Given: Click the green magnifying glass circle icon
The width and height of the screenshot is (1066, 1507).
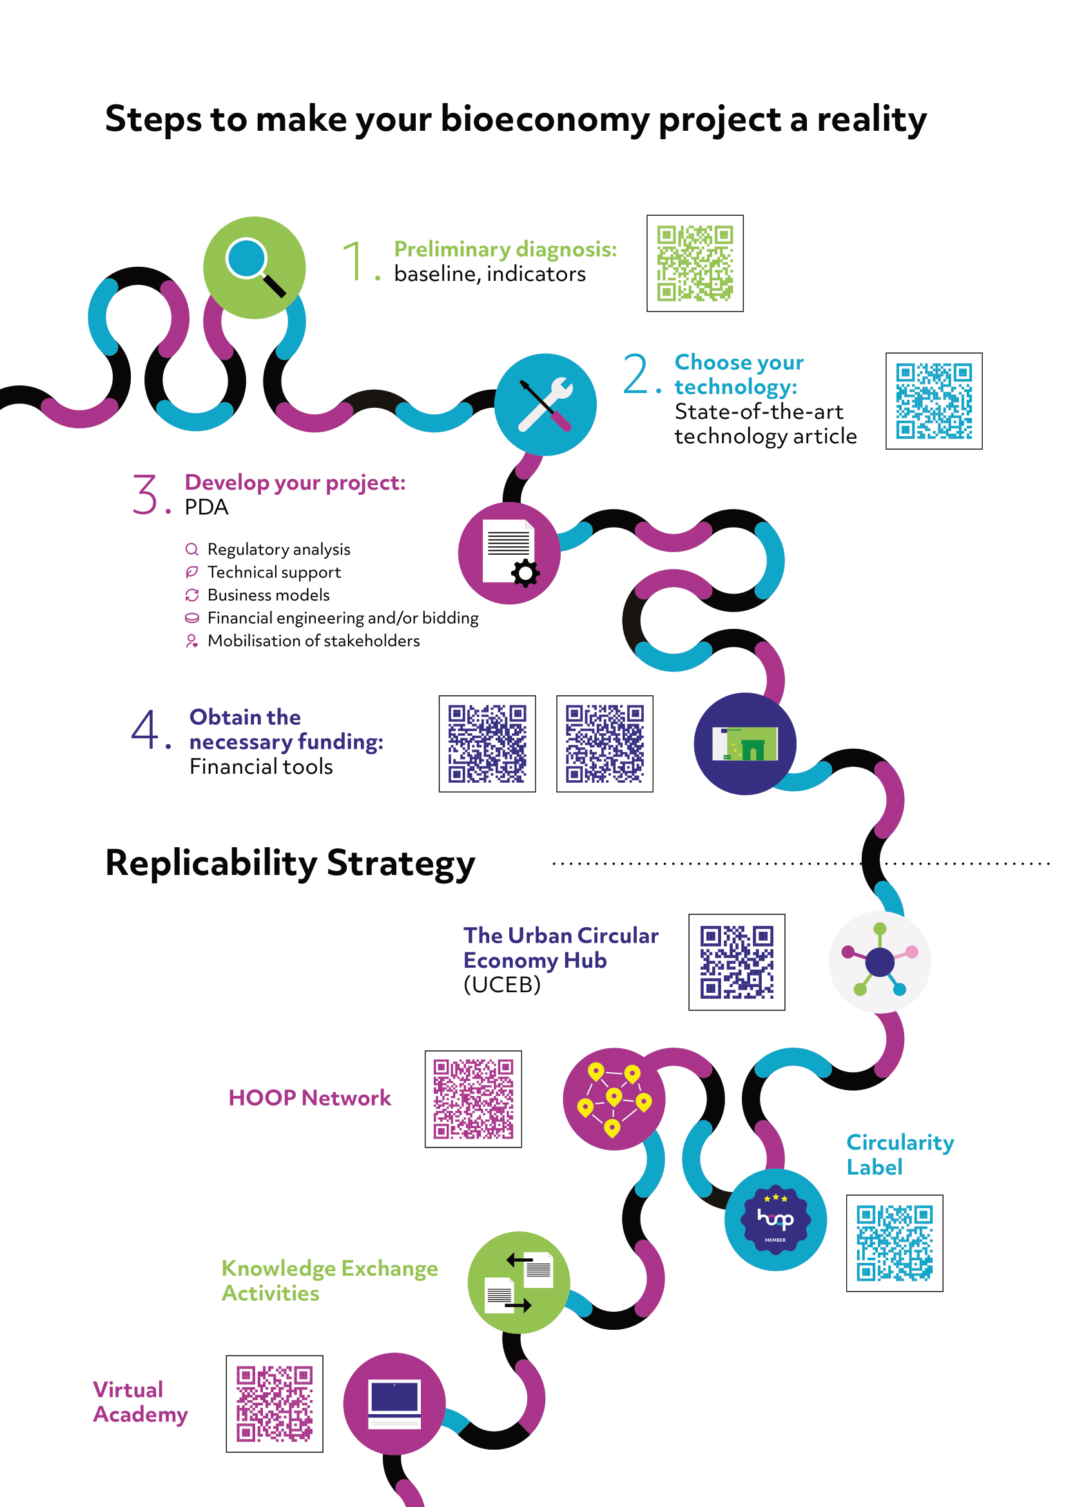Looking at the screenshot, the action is (254, 268).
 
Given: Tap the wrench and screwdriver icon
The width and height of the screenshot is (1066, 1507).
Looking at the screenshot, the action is (545, 405).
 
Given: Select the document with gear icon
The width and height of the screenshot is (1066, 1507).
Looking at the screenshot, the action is (509, 553).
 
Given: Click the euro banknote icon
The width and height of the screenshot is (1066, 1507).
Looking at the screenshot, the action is (745, 744).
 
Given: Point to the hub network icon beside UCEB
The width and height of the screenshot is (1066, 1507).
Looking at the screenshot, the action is (880, 961).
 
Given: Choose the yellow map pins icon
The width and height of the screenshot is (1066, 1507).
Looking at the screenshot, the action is (614, 1099).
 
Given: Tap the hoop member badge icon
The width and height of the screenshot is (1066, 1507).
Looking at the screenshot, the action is (775, 1220).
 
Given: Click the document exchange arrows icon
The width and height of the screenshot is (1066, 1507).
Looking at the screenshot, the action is (519, 1282).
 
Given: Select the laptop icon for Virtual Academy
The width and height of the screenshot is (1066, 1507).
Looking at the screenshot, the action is (394, 1403).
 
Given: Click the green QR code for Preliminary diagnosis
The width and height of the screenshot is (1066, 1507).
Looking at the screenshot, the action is (695, 264).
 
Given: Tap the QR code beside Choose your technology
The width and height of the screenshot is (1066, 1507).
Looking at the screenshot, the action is (934, 401).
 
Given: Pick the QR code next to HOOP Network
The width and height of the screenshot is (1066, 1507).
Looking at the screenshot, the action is (473, 1099).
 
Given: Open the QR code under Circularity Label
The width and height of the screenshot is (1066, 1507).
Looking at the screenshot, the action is (895, 1243).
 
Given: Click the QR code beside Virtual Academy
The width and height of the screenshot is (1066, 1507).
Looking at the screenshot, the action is (275, 1404).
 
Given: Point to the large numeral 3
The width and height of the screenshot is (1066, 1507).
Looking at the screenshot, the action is (145, 494).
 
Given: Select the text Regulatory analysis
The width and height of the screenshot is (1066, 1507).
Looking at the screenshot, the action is (279, 550).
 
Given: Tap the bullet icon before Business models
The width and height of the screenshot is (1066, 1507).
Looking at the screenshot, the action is (191, 595).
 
